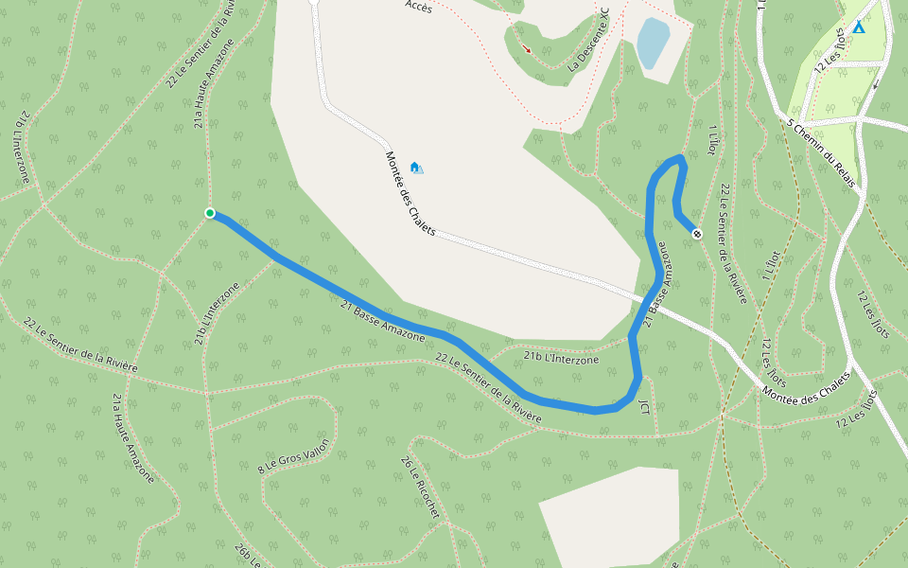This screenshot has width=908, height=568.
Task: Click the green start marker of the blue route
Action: point(210,213)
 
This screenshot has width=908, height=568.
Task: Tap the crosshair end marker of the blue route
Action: point(697,233)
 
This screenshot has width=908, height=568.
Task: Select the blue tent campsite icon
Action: point(858,27)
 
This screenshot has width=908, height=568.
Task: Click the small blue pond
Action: point(653,43)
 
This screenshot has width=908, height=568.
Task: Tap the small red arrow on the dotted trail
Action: point(527,49)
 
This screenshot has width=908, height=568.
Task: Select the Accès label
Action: point(418,6)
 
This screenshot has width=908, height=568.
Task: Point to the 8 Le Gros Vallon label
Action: point(294,455)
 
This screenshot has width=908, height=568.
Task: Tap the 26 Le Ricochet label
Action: point(420,488)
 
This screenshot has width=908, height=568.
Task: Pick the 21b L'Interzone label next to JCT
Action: point(561,358)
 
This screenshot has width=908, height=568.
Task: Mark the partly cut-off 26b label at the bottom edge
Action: point(247,556)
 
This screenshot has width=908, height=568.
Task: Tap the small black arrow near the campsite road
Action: point(875,84)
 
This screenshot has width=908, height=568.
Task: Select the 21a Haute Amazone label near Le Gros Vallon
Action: point(132,437)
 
